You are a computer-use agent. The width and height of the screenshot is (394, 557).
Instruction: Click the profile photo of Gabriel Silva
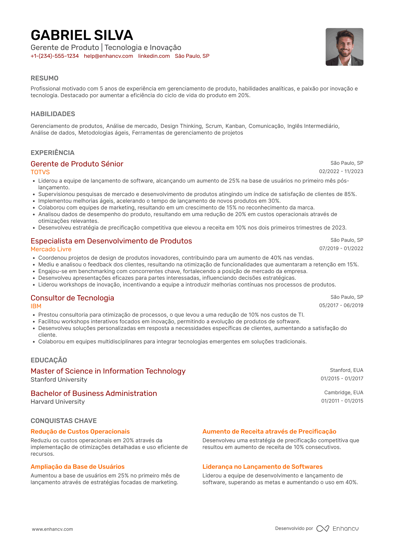[344, 47]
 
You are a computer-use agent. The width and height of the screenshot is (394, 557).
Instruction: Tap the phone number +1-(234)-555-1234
[55, 56]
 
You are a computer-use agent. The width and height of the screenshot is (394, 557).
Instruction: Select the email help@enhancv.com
[108, 56]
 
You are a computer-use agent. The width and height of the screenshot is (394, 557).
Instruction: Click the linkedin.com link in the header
[154, 56]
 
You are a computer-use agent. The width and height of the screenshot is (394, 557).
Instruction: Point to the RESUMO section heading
[44, 78]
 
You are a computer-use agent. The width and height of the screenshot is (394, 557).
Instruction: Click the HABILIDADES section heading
[53, 114]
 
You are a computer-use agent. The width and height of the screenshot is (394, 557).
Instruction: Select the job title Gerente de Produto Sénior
[77, 164]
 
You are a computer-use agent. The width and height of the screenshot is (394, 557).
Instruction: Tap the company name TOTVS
[40, 172]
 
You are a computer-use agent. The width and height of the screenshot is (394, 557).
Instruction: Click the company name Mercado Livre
[51, 249]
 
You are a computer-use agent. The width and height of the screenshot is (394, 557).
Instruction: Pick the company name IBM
[36, 306]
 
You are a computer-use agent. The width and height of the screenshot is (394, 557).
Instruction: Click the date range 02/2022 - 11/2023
[341, 171]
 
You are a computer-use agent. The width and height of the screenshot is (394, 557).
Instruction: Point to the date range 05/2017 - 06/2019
[341, 305]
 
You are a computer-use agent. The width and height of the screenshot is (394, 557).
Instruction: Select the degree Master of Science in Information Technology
[108, 371]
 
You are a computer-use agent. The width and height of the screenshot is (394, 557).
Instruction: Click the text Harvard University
[58, 402]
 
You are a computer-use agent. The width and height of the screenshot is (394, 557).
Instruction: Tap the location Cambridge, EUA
[343, 393]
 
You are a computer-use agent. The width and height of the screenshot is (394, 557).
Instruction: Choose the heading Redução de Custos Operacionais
[80, 432]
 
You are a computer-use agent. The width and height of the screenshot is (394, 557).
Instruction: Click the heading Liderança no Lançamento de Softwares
[262, 467]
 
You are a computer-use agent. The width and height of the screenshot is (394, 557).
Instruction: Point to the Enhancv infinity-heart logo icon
[322, 529]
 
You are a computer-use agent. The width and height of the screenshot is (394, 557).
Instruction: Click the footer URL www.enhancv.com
[52, 529]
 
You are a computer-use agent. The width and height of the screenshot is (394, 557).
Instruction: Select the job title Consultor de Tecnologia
[72, 298]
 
